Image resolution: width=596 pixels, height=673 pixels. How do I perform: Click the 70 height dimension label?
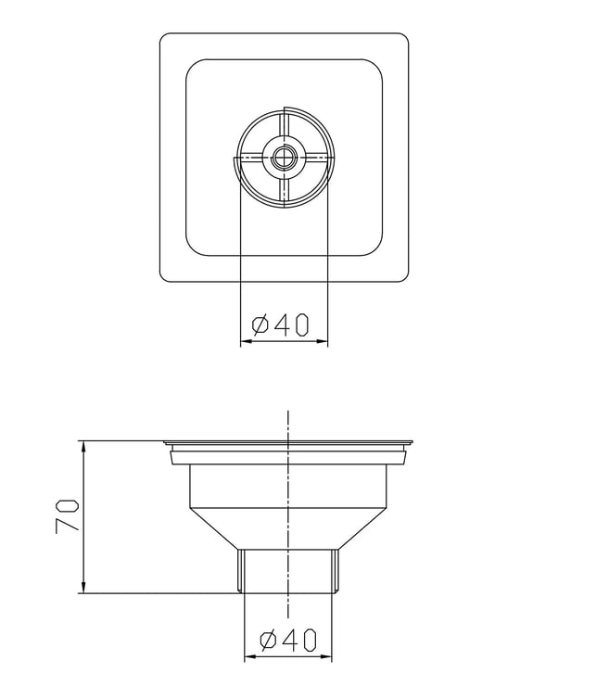(x=68, y=515)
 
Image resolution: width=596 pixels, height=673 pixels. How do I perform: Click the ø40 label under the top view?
(x=280, y=324)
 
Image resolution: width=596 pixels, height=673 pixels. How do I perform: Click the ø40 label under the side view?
(x=288, y=641)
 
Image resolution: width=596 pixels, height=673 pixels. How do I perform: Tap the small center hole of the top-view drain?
(x=284, y=158)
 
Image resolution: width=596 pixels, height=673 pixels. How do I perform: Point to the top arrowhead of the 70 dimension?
(x=83, y=446)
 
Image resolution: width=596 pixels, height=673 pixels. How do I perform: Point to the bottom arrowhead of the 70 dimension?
(x=83, y=588)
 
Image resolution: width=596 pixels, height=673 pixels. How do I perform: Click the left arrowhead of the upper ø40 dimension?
(x=246, y=342)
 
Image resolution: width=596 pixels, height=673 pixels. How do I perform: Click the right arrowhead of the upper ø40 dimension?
(x=322, y=342)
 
